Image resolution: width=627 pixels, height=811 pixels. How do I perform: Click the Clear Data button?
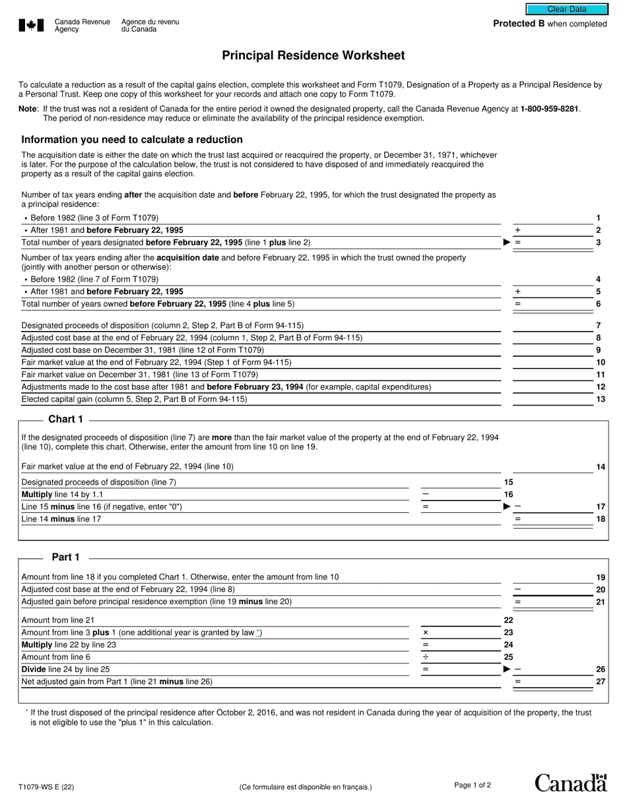(566, 9)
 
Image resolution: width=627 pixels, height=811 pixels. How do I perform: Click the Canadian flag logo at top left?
(31, 26)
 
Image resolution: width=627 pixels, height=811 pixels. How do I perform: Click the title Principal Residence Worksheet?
(313, 56)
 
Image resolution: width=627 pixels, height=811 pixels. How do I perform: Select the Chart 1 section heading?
(66, 419)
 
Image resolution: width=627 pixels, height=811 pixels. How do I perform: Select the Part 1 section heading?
(66, 557)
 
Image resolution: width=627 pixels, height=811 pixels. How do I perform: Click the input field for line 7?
(553, 325)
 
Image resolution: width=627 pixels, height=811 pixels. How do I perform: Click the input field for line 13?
(553, 399)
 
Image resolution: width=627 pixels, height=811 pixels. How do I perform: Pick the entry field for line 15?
(460, 482)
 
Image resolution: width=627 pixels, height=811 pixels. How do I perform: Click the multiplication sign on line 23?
(426, 632)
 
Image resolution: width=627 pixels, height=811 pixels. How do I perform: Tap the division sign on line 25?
(426, 657)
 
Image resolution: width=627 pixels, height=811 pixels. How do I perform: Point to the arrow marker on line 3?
(507, 243)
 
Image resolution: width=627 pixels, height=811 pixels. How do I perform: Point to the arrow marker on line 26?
(507, 669)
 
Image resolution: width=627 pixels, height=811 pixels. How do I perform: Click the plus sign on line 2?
(517, 230)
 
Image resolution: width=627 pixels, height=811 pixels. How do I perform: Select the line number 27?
(601, 682)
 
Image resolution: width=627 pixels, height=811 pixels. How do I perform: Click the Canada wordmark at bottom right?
(570, 783)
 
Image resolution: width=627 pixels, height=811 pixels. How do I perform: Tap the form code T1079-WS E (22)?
(46, 787)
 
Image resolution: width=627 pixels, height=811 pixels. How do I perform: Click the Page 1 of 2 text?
(473, 785)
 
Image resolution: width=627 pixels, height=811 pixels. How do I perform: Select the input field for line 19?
(553, 577)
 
